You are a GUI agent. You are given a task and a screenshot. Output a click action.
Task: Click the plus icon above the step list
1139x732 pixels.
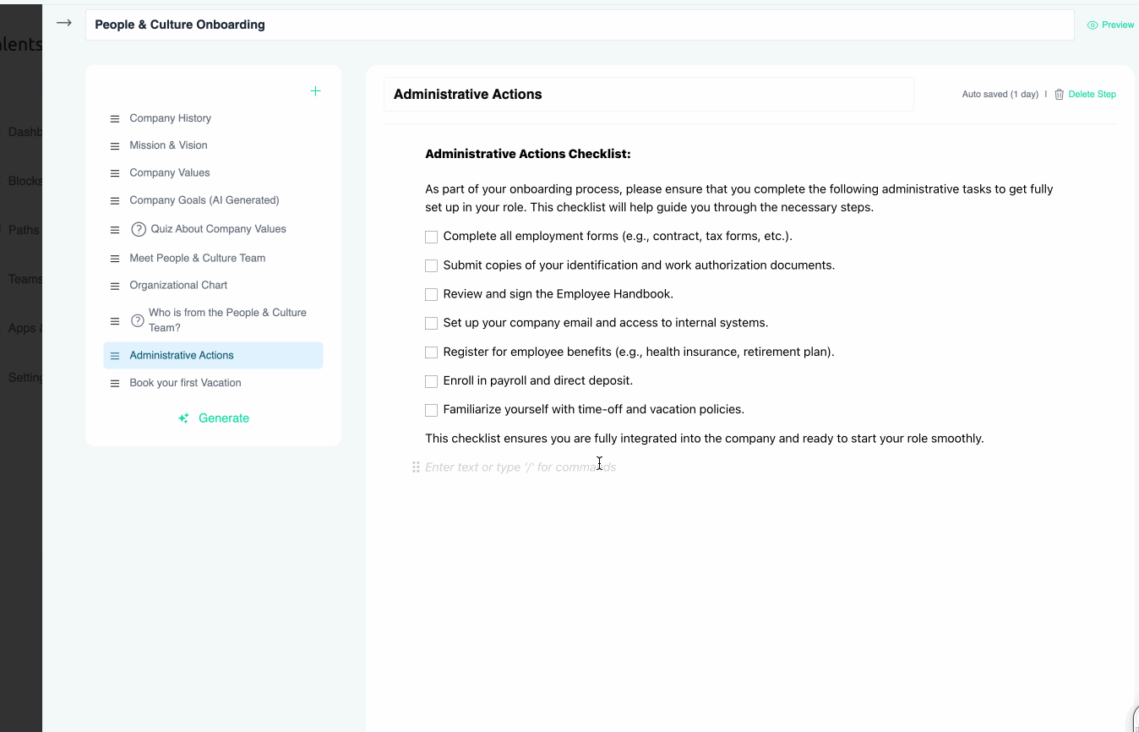(x=315, y=91)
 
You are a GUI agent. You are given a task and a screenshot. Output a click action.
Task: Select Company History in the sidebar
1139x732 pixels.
(x=170, y=118)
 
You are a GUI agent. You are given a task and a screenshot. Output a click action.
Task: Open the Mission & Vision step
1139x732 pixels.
(x=168, y=145)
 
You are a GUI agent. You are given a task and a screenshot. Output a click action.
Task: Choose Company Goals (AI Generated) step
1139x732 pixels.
(x=204, y=200)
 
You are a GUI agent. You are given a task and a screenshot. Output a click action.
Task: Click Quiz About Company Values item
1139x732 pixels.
(x=218, y=229)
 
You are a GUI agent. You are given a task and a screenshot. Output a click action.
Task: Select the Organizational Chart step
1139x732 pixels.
(x=178, y=286)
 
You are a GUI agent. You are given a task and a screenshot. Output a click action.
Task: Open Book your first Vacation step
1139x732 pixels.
(x=185, y=383)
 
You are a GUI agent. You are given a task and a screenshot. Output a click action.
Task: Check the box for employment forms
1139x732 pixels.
(x=431, y=238)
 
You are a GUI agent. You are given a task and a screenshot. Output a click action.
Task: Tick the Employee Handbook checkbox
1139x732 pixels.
(x=431, y=295)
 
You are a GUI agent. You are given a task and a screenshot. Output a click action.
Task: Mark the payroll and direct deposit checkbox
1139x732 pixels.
(x=431, y=381)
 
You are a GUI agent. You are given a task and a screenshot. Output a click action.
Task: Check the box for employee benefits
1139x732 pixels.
(x=431, y=352)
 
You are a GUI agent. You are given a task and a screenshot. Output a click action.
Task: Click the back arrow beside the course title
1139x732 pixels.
(x=64, y=24)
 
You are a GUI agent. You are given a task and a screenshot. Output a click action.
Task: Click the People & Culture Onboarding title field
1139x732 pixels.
(x=579, y=25)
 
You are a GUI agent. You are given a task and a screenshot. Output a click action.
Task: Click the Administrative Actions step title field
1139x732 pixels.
(x=648, y=95)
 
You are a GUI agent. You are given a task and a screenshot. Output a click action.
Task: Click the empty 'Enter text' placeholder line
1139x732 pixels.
(x=520, y=467)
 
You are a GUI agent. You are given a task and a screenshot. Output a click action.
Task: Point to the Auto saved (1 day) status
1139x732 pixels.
(x=1000, y=95)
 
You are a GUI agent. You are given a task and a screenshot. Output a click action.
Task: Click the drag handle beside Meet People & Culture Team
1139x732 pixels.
(x=115, y=259)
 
